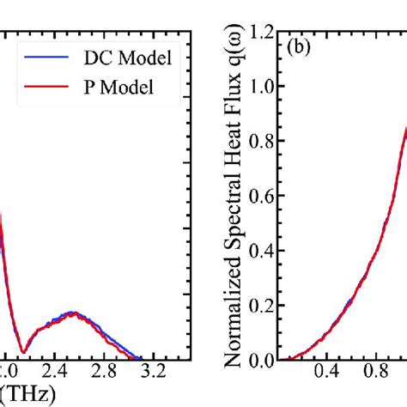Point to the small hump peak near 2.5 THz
click(x=72, y=313)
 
